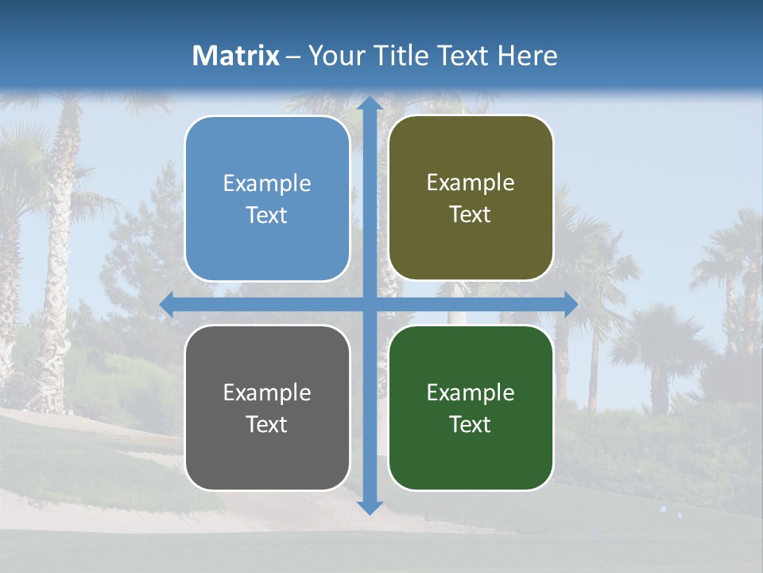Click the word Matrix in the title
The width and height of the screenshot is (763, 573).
coord(236,56)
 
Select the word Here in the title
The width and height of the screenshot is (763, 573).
coord(527,56)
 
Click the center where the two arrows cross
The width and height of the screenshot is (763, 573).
coord(369,305)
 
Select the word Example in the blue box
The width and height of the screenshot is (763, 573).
coord(267,184)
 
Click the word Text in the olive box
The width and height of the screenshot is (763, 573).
coord(471,215)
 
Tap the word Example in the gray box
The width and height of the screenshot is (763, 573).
coord(267,393)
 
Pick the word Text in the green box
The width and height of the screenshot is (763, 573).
coord(471,424)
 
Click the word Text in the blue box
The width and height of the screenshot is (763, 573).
coord(267,216)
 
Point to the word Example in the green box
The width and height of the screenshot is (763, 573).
coord(471,393)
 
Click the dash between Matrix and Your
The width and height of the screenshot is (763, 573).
coord(293,57)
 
